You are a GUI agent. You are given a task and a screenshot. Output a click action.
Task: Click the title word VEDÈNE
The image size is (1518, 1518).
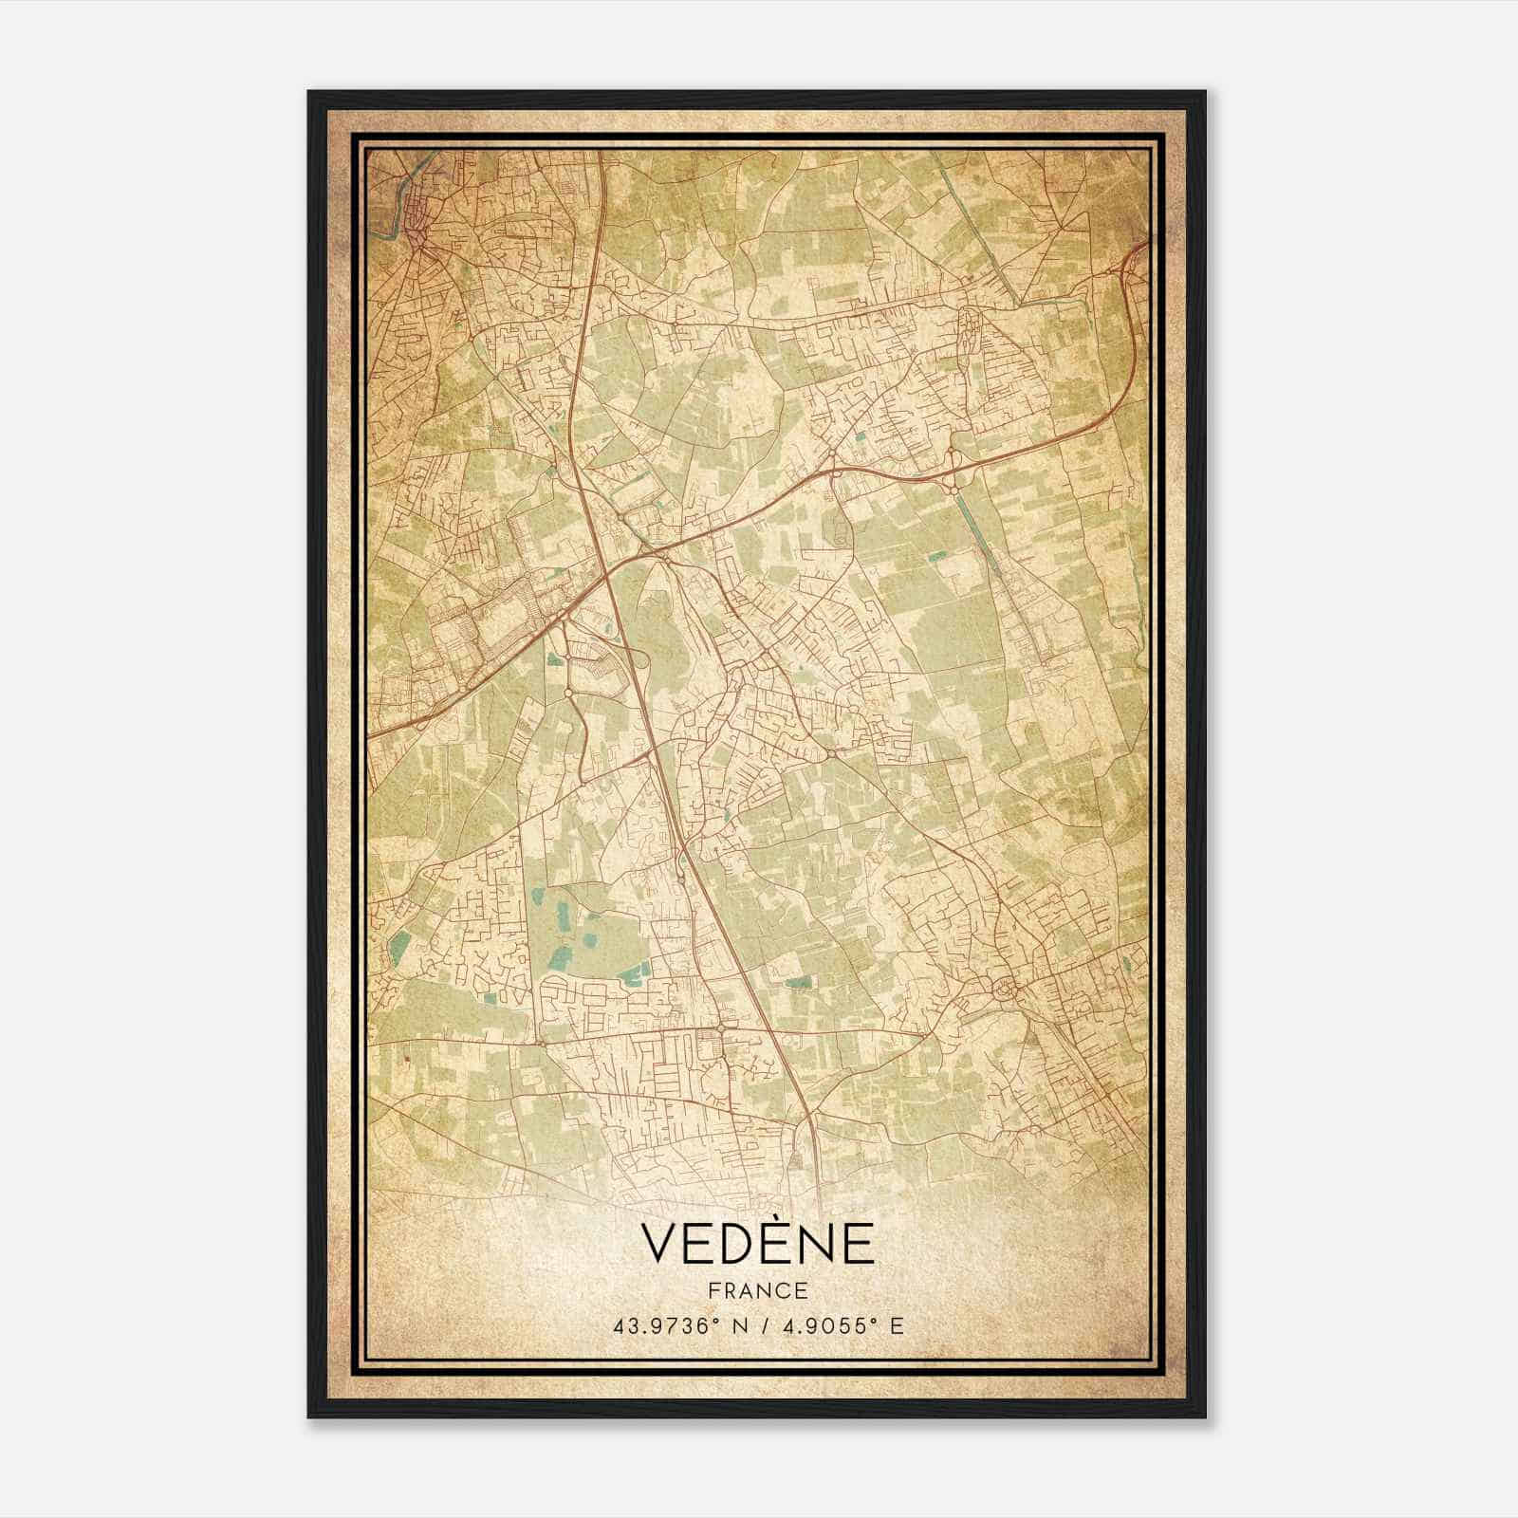point(758,1244)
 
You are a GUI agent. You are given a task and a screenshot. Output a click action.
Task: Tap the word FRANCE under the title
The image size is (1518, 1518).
point(758,1291)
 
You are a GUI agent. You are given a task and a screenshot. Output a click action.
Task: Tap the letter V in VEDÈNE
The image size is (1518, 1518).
point(660,1245)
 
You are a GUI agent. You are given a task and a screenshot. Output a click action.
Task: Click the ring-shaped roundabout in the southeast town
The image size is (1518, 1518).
point(1003,990)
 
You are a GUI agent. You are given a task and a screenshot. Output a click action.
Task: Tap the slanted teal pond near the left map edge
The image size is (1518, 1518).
point(399,944)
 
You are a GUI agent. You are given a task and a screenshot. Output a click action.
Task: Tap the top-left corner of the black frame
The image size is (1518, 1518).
point(309,93)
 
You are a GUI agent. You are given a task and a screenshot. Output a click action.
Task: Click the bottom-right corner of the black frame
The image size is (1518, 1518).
point(1204,1416)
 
